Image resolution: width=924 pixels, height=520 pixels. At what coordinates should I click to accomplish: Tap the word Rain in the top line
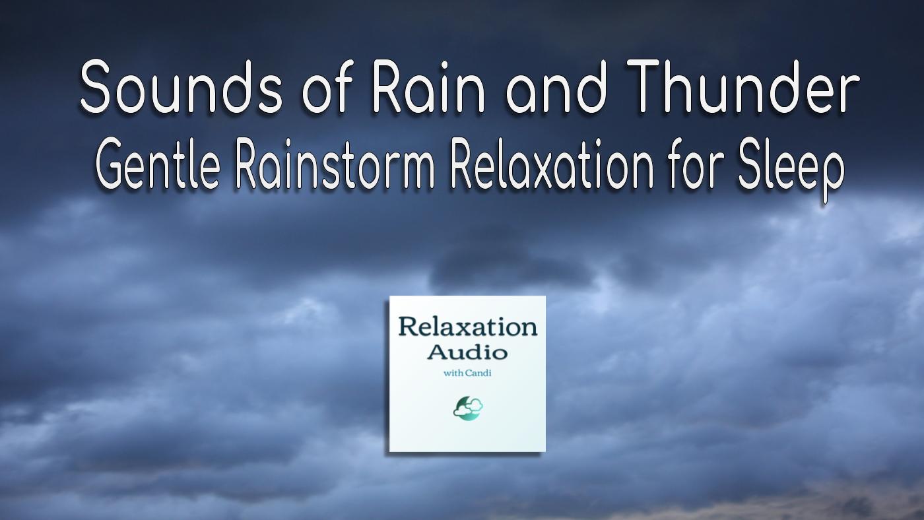pos(429,86)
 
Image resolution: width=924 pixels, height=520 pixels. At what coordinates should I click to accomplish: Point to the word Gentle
pos(157,164)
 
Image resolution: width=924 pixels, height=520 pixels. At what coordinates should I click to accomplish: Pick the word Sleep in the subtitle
pos(789,170)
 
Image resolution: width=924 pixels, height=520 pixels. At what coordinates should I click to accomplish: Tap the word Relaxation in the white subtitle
pos(552,164)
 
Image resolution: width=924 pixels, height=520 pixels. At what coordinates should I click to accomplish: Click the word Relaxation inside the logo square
pos(468,327)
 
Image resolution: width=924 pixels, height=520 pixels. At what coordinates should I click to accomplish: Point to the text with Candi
pos(467,374)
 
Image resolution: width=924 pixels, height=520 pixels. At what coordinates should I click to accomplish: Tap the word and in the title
pos(556,87)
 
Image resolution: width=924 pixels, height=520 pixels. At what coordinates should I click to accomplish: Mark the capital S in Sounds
pos(96,87)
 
